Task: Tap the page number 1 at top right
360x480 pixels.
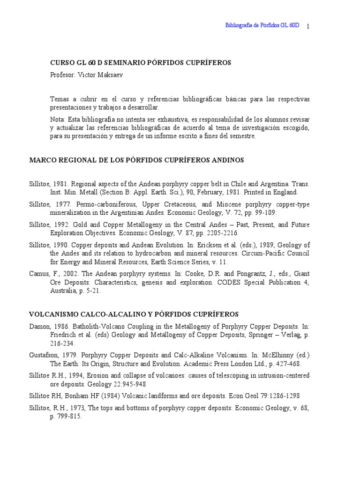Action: tap(308, 26)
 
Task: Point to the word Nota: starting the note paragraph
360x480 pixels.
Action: tap(58, 120)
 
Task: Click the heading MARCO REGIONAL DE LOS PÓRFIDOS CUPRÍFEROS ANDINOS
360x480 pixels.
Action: tap(136, 160)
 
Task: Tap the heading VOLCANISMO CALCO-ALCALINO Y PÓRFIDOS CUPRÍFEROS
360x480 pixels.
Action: tap(134, 314)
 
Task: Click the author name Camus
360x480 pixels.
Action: tap(38, 274)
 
